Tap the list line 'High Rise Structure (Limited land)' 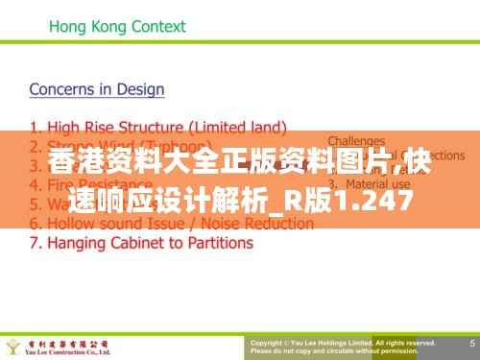point(157,127)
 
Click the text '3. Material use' point(364,183)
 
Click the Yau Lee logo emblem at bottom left point(15,345)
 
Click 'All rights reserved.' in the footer point(405,341)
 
